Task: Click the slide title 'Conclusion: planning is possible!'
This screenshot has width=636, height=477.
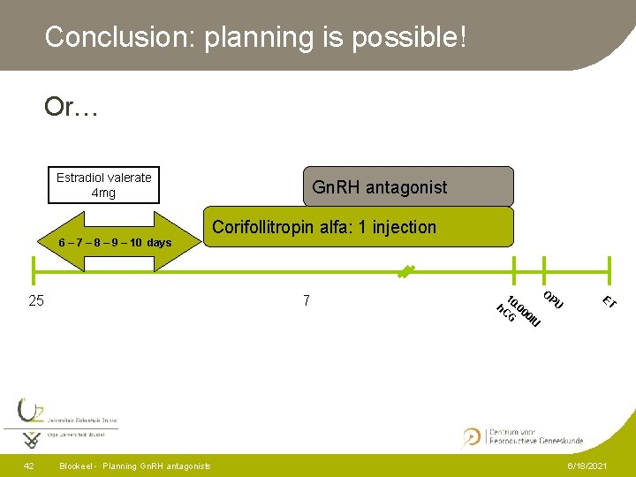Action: [255, 37]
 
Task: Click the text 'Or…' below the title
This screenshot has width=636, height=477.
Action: [72, 108]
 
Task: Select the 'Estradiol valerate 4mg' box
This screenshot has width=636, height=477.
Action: [103, 185]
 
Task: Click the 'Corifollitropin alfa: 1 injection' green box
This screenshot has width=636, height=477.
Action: [358, 227]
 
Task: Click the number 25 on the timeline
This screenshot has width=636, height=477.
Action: [36, 301]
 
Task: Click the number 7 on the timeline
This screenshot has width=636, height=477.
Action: [306, 301]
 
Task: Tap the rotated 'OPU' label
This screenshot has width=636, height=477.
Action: [553, 300]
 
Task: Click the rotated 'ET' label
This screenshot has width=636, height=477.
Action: [609, 302]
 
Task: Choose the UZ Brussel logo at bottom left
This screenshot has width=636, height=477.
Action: [62, 422]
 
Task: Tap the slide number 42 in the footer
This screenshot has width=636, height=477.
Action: [29, 466]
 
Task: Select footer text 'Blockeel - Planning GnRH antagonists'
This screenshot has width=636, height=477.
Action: [134, 466]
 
